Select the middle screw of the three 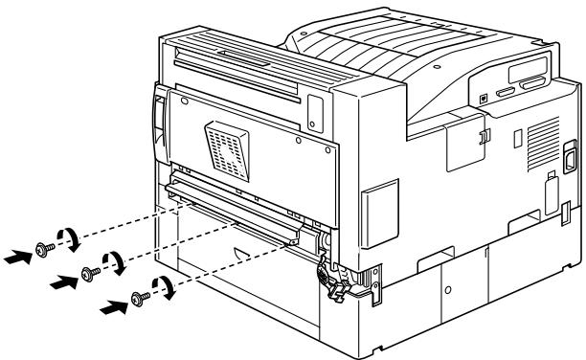click(89, 273)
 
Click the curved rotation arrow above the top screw click(67, 238)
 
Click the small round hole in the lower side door click(450, 288)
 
